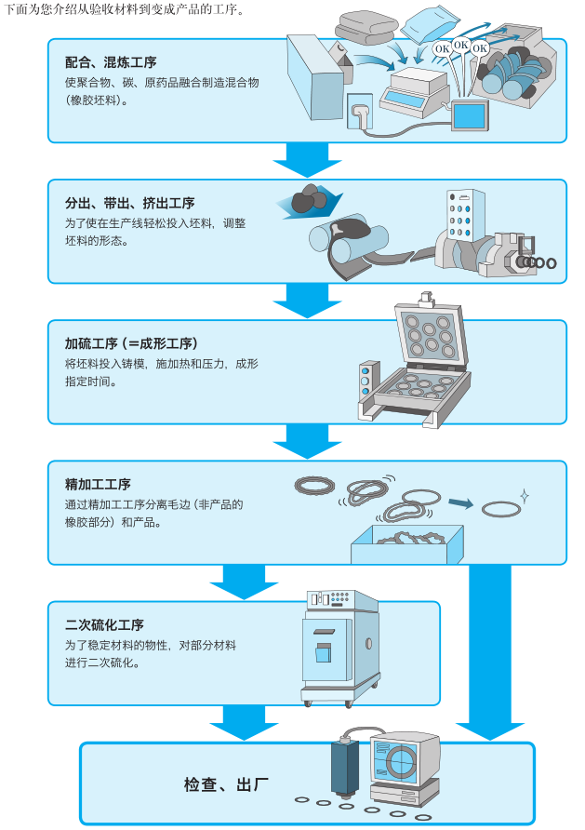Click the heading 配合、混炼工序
[x=111, y=62]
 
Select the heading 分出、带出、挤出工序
[x=129, y=203]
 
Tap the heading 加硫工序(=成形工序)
[x=131, y=343]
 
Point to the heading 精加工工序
[x=98, y=485]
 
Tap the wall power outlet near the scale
[x=358, y=117]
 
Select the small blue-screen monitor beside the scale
[x=469, y=116]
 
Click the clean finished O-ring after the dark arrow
[x=501, y=510]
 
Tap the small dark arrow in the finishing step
[x=459, y=503]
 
